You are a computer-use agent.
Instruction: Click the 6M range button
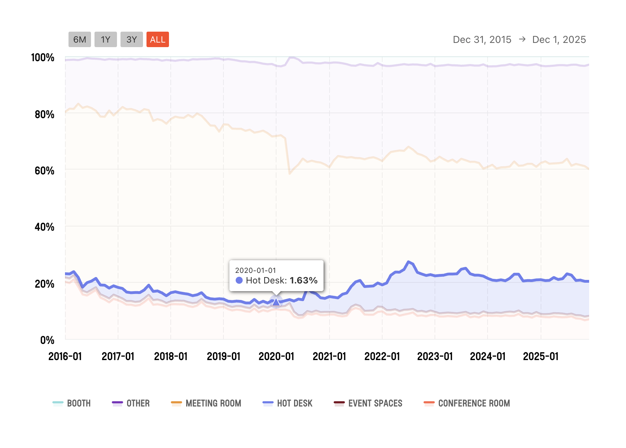80,39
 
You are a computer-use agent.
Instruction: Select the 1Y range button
105,39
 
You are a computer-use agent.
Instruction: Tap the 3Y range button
131,39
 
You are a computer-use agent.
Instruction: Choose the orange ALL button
158,39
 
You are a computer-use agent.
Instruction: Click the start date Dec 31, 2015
482,39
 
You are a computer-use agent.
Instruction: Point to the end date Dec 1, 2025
559,39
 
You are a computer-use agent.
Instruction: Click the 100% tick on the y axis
43,57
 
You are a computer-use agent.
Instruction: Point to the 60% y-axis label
44,171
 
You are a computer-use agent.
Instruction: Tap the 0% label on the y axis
47,340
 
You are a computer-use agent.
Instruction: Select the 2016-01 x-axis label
65,357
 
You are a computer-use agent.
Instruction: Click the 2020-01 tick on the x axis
276,357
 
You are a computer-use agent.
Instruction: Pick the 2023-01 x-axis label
435,357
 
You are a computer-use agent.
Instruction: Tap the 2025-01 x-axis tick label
541,357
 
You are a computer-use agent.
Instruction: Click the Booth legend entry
72,403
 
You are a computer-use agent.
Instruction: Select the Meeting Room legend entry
206,403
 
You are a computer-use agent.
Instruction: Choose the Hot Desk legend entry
288,403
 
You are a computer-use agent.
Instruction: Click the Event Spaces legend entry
368,403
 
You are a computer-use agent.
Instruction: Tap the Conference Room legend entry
467,403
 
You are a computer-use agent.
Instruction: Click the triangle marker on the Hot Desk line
276,302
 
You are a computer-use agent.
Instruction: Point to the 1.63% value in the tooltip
304,280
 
